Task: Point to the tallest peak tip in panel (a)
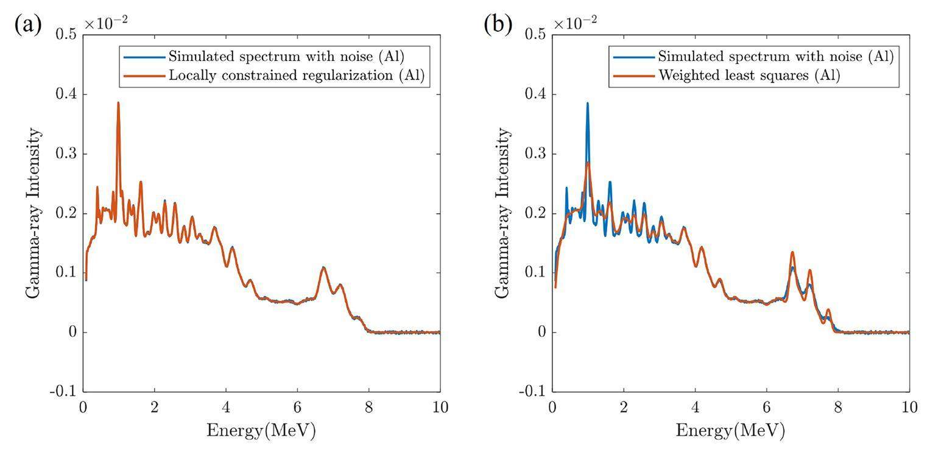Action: click(x=118, y=102)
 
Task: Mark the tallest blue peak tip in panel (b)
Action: click(x=588, y=102)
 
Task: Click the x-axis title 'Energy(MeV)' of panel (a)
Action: click(x=261, y=431)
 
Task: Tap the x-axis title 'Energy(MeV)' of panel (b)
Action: click(x=730, y=431)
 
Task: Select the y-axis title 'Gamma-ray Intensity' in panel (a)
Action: click(x=33, y=213)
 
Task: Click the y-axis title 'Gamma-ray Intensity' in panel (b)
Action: click(x=503, y=213)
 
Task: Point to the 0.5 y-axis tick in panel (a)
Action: click(x=65, y=35)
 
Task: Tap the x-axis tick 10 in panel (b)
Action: click(x=909, y=407)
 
